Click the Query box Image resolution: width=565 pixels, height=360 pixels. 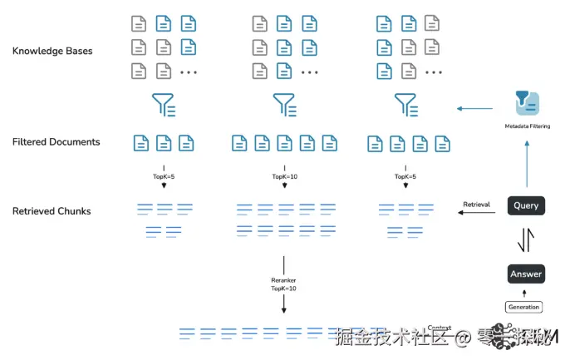click(x=526, y=205)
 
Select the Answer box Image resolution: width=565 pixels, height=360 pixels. click(x=526, y=274)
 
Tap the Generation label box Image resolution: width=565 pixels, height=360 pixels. click(x=523, y=307)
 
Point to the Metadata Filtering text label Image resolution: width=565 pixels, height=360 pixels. click(x=527, y=126)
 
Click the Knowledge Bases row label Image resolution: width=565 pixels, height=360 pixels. click(x=52, y=51)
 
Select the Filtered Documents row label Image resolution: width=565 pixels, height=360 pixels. click(x=56, y=142)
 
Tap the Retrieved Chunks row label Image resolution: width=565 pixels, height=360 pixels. click(x=52, y=211)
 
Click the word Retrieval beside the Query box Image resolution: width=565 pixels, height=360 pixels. click(x=477, y=203)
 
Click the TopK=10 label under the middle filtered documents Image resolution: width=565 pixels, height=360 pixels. click(x=284, y=177)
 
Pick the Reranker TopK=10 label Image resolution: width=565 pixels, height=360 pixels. click(x=283, y=284)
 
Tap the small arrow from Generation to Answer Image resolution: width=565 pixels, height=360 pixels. click(x=524, y=293)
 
